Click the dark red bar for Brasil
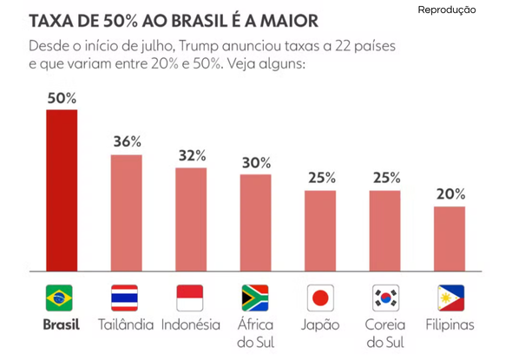point(62,190)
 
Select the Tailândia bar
point(127,213)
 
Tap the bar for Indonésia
point(191,219)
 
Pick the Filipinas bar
point(450,239)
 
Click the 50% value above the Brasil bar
point(62,98)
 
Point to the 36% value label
point(127,141)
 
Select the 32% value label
point(192,155)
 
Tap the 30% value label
point(256,163)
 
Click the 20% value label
point(450,194)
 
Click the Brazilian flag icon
point(59,298)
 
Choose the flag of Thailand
point(124,298)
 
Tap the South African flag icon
point(255,298)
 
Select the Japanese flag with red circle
point(320,298)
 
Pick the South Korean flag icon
point(385,298)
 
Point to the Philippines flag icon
point(451,298)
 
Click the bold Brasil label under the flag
point(62,324)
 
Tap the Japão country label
point(320,325)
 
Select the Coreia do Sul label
point(385,334)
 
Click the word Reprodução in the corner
point(447,10)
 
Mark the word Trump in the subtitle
point(198,46)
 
